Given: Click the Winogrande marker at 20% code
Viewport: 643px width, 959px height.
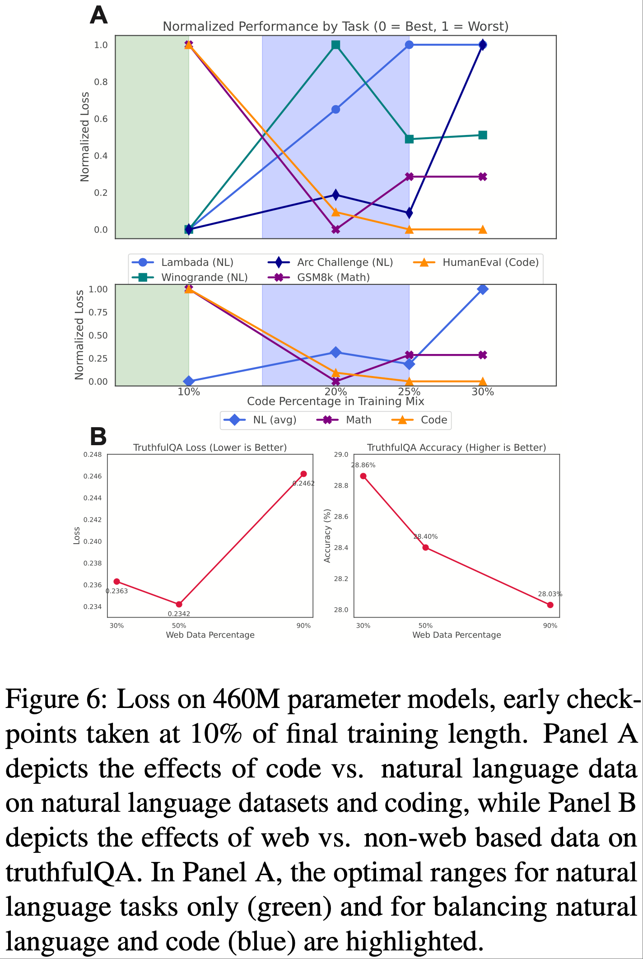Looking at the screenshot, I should tap(335, 45).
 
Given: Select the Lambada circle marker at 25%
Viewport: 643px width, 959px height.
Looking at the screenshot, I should tap(409, 45).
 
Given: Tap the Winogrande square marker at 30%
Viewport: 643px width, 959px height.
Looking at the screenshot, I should tap(483, 135).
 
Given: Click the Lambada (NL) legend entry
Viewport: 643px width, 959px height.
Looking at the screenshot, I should tap(197, 262).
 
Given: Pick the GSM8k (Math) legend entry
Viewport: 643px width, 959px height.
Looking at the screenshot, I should tap(333, 277).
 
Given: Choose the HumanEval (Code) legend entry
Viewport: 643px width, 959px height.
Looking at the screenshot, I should tap(490, 262).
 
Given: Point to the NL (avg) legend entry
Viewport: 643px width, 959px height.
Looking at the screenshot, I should tap(275, 420).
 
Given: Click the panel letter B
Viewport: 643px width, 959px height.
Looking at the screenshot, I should tap(98, 437).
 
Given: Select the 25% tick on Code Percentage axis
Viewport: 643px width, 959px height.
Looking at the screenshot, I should tap(409, 392).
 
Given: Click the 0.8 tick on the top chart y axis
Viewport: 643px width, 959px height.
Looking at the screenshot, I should tap(101, 82).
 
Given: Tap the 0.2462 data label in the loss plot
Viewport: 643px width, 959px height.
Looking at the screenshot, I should tap(303, 483).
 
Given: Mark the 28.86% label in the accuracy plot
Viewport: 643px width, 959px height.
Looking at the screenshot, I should tap(363, 465).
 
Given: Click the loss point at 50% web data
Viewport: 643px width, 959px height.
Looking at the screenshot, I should tap(179, 604).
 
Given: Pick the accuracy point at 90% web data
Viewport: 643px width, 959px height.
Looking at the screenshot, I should tap(550, 605).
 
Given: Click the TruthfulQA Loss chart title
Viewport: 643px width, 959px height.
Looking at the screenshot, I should tap(210, 447).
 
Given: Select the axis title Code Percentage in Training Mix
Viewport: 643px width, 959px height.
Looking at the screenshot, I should tap(335, 401).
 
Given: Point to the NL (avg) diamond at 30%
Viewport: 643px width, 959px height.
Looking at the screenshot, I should tap(483, 289).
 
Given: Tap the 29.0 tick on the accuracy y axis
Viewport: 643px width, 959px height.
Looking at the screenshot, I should tap(341, 455).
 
